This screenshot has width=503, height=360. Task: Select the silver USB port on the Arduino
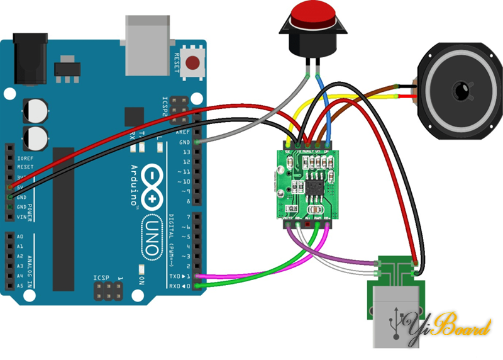coord(150,43)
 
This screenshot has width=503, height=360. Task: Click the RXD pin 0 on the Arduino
coord(200,286)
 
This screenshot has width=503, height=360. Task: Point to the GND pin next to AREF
coord(200,143)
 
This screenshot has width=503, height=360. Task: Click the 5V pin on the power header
coord(9,187)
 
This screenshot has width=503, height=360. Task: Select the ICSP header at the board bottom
coord(108,291)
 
